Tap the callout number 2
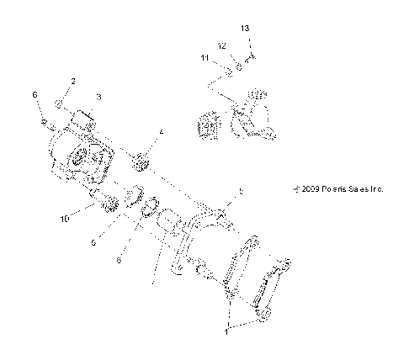pyautogui.click(x=73, y=81)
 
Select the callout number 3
pyautogui.click(x=98, y=98)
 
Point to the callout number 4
pyautogui.click(x=161, y=132)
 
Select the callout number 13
pyautogui.click(x=245, y=29)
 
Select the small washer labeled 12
pyautogui.click(x=240, y=64)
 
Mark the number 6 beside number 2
pyautogui.click(x=35, y=95)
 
